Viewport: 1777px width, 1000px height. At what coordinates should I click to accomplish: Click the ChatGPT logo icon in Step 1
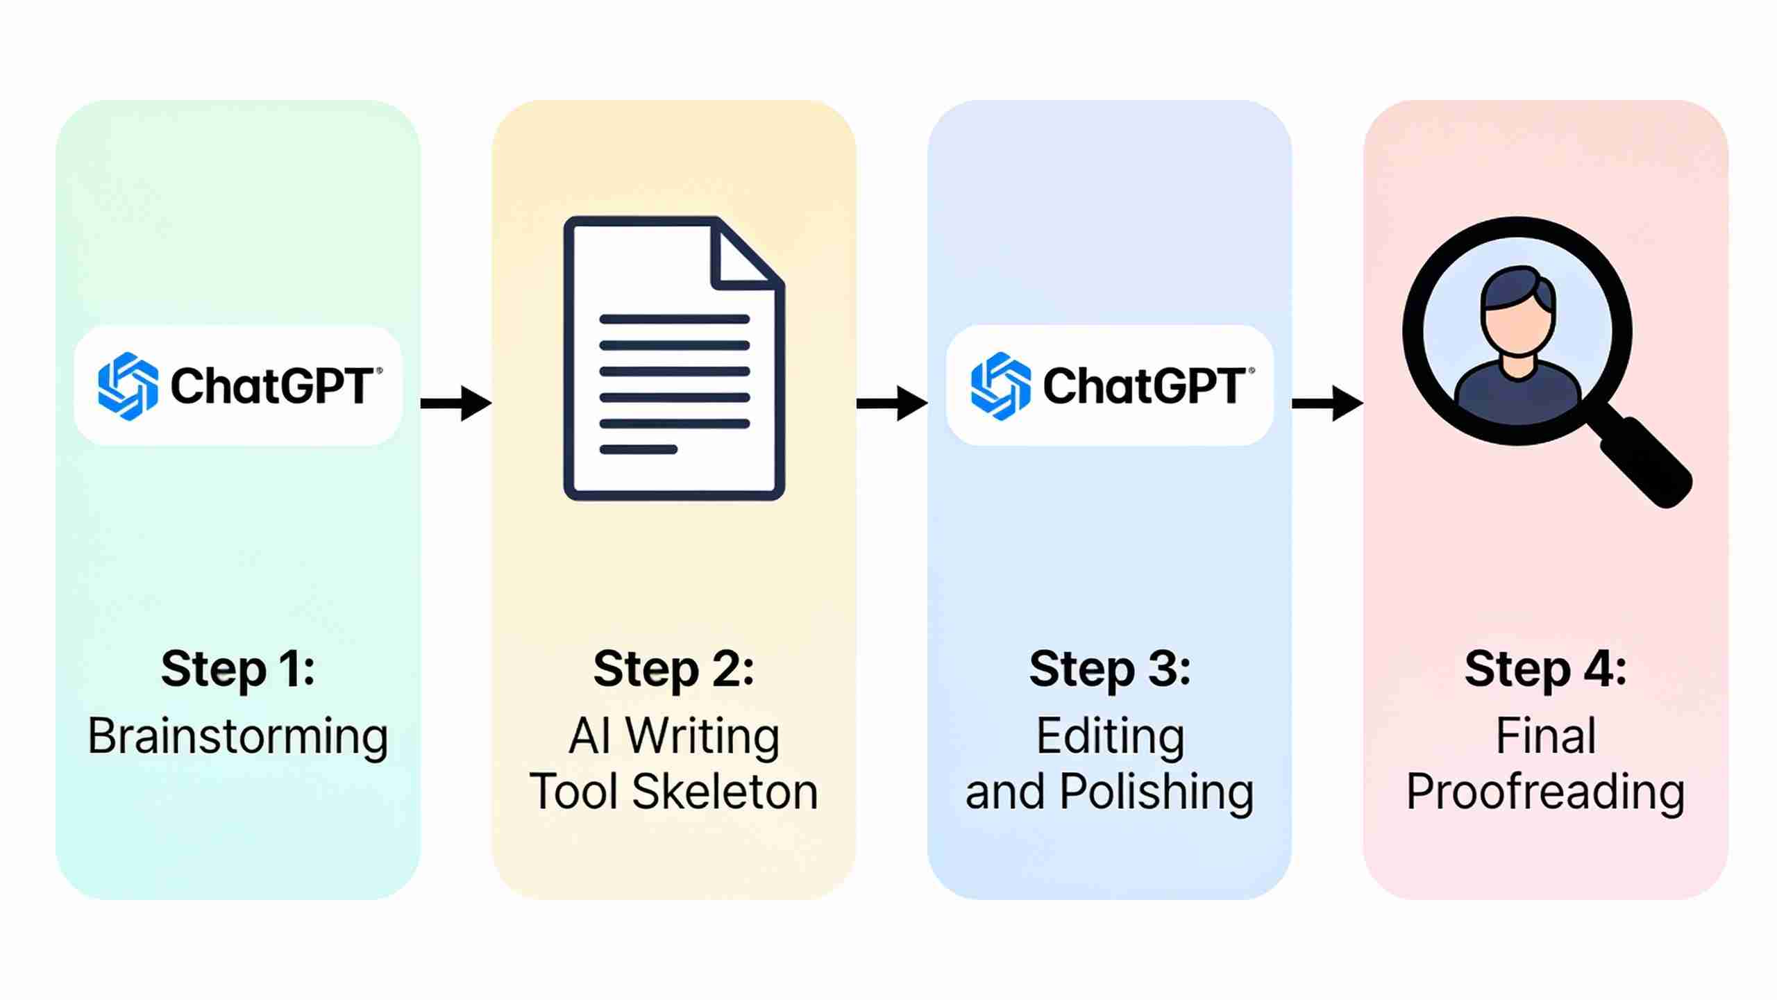click(128, 386)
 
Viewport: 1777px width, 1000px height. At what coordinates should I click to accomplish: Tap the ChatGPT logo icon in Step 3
click(1000, 386)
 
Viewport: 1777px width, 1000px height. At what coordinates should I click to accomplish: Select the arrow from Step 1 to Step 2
click(456, 403)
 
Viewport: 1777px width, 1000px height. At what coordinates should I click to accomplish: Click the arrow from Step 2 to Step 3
click(892, 403)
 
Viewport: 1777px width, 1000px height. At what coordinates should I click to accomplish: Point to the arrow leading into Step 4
click(1327, 403)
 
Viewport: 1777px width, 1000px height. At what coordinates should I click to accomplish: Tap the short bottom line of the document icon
click(639, 449)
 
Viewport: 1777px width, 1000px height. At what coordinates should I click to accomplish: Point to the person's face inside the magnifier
click(1518, 330)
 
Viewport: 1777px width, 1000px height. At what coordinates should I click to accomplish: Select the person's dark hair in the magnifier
click(1518, 290)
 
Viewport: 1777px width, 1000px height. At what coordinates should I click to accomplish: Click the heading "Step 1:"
click(238, 669)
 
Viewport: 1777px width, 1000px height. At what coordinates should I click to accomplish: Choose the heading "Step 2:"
click(673, 669)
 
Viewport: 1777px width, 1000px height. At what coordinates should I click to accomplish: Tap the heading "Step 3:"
click(1110, 669)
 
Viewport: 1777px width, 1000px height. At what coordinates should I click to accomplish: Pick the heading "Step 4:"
click(1545, 669)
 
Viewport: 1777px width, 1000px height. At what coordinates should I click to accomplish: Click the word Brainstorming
click(237, 737)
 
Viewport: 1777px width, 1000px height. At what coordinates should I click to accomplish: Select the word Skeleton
click(725, 792)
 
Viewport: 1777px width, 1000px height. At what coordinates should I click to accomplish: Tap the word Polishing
click(1157, 793)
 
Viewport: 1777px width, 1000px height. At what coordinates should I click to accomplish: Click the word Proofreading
click(1545, 793)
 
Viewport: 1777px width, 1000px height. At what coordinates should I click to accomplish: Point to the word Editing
click(1110, 737)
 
